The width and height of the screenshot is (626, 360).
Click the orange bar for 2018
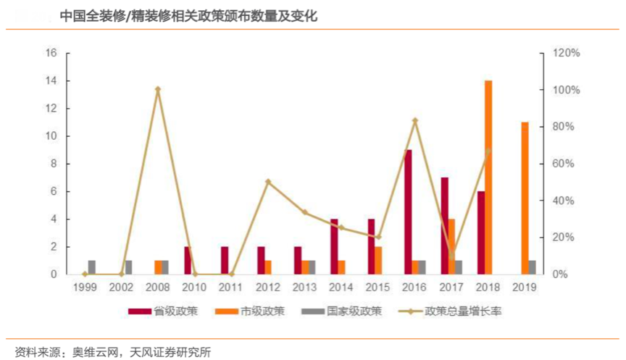tap(488, 177)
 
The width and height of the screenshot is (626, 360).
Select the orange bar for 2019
tap(525, 198)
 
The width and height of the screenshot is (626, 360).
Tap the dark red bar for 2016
tap(409, 212)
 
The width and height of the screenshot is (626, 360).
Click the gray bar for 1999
tap(92, 267)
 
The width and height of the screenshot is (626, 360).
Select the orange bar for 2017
tap(451, 246)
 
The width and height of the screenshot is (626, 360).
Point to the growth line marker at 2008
tap(158, 90)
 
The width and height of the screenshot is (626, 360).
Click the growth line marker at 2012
tap(268, 182)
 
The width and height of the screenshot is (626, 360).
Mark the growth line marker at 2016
tap(415, 120)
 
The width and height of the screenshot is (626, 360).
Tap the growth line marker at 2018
tap(488, 151)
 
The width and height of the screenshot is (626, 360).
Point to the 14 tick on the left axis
tap(51, 81)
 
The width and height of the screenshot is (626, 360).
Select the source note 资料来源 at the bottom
tap(109, 351)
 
